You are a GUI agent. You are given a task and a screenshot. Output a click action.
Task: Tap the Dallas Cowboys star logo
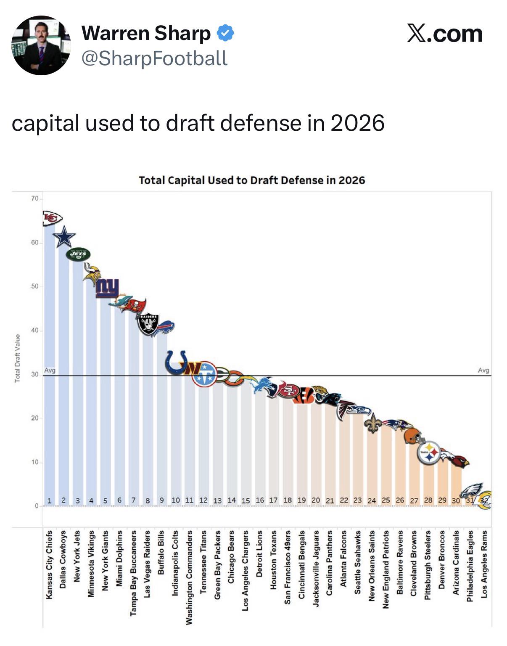(x=64, y=237)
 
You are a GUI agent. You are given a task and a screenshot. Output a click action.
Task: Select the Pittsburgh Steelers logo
(x=428, y=453)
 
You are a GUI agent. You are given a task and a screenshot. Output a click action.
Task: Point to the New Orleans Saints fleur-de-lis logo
(x=372, y=423)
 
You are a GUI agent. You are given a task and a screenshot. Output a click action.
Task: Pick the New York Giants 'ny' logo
(x=107, y=288)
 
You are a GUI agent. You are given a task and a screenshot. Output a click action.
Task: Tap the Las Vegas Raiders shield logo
(x=148, y=324)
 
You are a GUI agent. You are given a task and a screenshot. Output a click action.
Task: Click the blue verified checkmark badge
(x=225, y=33)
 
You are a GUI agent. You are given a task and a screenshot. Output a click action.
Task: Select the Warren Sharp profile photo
(x=41, y=45)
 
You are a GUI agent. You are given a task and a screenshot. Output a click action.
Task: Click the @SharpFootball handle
(x=154, y=58)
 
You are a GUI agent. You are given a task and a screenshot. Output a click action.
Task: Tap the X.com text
(x=445, y=34)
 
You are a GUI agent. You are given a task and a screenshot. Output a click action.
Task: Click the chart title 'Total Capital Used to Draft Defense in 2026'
(x=252, y=180)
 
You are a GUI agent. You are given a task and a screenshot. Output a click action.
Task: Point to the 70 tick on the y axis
(x=34, y=198)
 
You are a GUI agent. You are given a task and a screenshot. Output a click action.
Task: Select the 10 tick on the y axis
(x=34, y=462)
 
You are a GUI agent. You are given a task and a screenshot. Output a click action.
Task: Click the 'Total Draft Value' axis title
(x=18, y=358)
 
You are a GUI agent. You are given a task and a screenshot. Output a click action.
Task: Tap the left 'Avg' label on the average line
(x=50, y=370)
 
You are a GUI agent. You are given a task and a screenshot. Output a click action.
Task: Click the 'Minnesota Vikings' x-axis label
(x=91, y=564)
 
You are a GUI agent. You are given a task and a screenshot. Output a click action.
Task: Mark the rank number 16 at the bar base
(x=260, y=500)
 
